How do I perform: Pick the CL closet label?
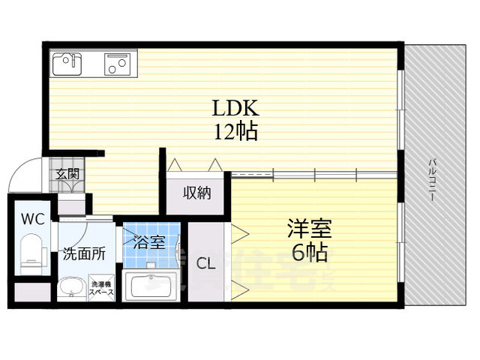[205, 263]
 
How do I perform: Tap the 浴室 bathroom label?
[151, 242]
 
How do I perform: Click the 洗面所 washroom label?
[84, 253]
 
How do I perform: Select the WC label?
[32, 220]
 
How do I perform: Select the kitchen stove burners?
[117, 64]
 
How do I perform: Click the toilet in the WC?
[32, 252]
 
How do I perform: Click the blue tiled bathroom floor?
[151, 259]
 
